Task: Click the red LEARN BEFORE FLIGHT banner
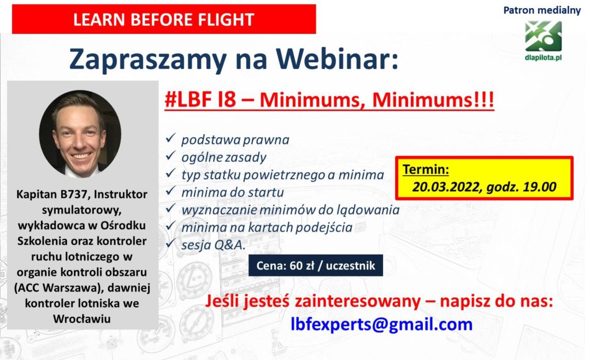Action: coord(164,19)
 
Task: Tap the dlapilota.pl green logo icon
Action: coord(543,36)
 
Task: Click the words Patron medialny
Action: coord(542,10)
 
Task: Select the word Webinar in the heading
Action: coord(336,59)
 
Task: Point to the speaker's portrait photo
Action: coord(80,134)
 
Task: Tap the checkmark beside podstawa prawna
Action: coord(171,138)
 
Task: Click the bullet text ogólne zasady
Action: coord(224,157)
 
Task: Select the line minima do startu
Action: coord(233,192)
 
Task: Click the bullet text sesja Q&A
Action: coord(213,245)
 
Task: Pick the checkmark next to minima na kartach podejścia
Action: coord(171,225)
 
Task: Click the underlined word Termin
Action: coord(426,169)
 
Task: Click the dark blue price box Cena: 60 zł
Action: coord(316,266)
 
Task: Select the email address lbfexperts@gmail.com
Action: coord(381,324)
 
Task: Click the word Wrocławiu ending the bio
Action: coord(82,319)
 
